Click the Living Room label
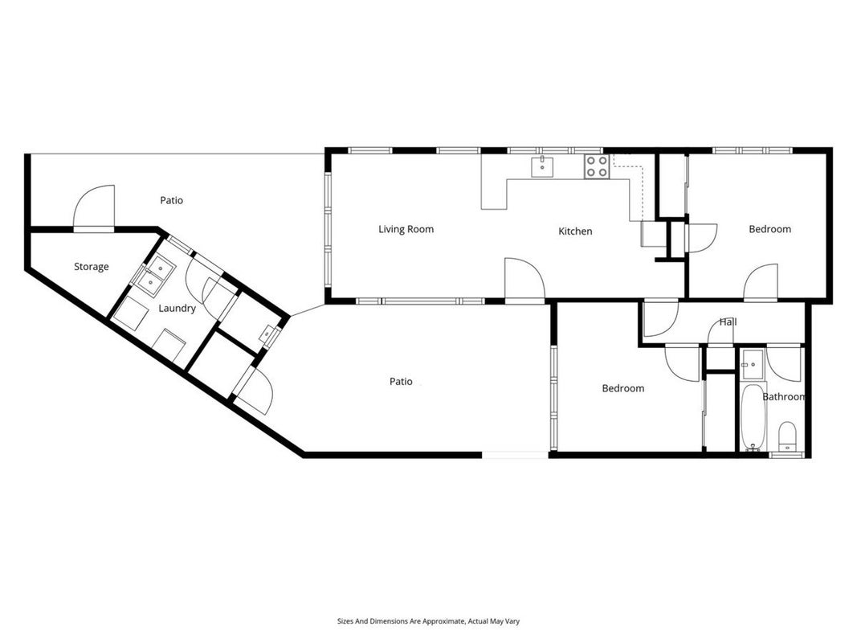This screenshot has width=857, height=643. point(406,229)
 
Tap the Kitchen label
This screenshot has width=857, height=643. point(575,231)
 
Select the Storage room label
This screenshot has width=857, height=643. point(92,267)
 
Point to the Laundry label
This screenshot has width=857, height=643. point(177,309)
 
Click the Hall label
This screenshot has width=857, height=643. point(728,322)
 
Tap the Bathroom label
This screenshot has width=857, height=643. point(783,397)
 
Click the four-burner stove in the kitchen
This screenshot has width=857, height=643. point(597,166)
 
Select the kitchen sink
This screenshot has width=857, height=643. point(542,167)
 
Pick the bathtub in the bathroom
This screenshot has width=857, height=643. point(753,417)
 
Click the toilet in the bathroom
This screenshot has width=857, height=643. point(787,436)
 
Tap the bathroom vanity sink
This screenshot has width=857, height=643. point(752,364)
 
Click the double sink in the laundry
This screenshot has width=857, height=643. point(155,275)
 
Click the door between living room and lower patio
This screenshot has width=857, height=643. point(524,280)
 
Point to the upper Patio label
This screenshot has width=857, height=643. point(172,201)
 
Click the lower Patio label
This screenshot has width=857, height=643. point(401,382)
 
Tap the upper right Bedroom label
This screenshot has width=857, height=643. point(769,229)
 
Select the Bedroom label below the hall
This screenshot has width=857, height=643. point(623,388)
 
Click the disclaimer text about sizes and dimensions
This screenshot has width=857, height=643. point(429,621)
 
